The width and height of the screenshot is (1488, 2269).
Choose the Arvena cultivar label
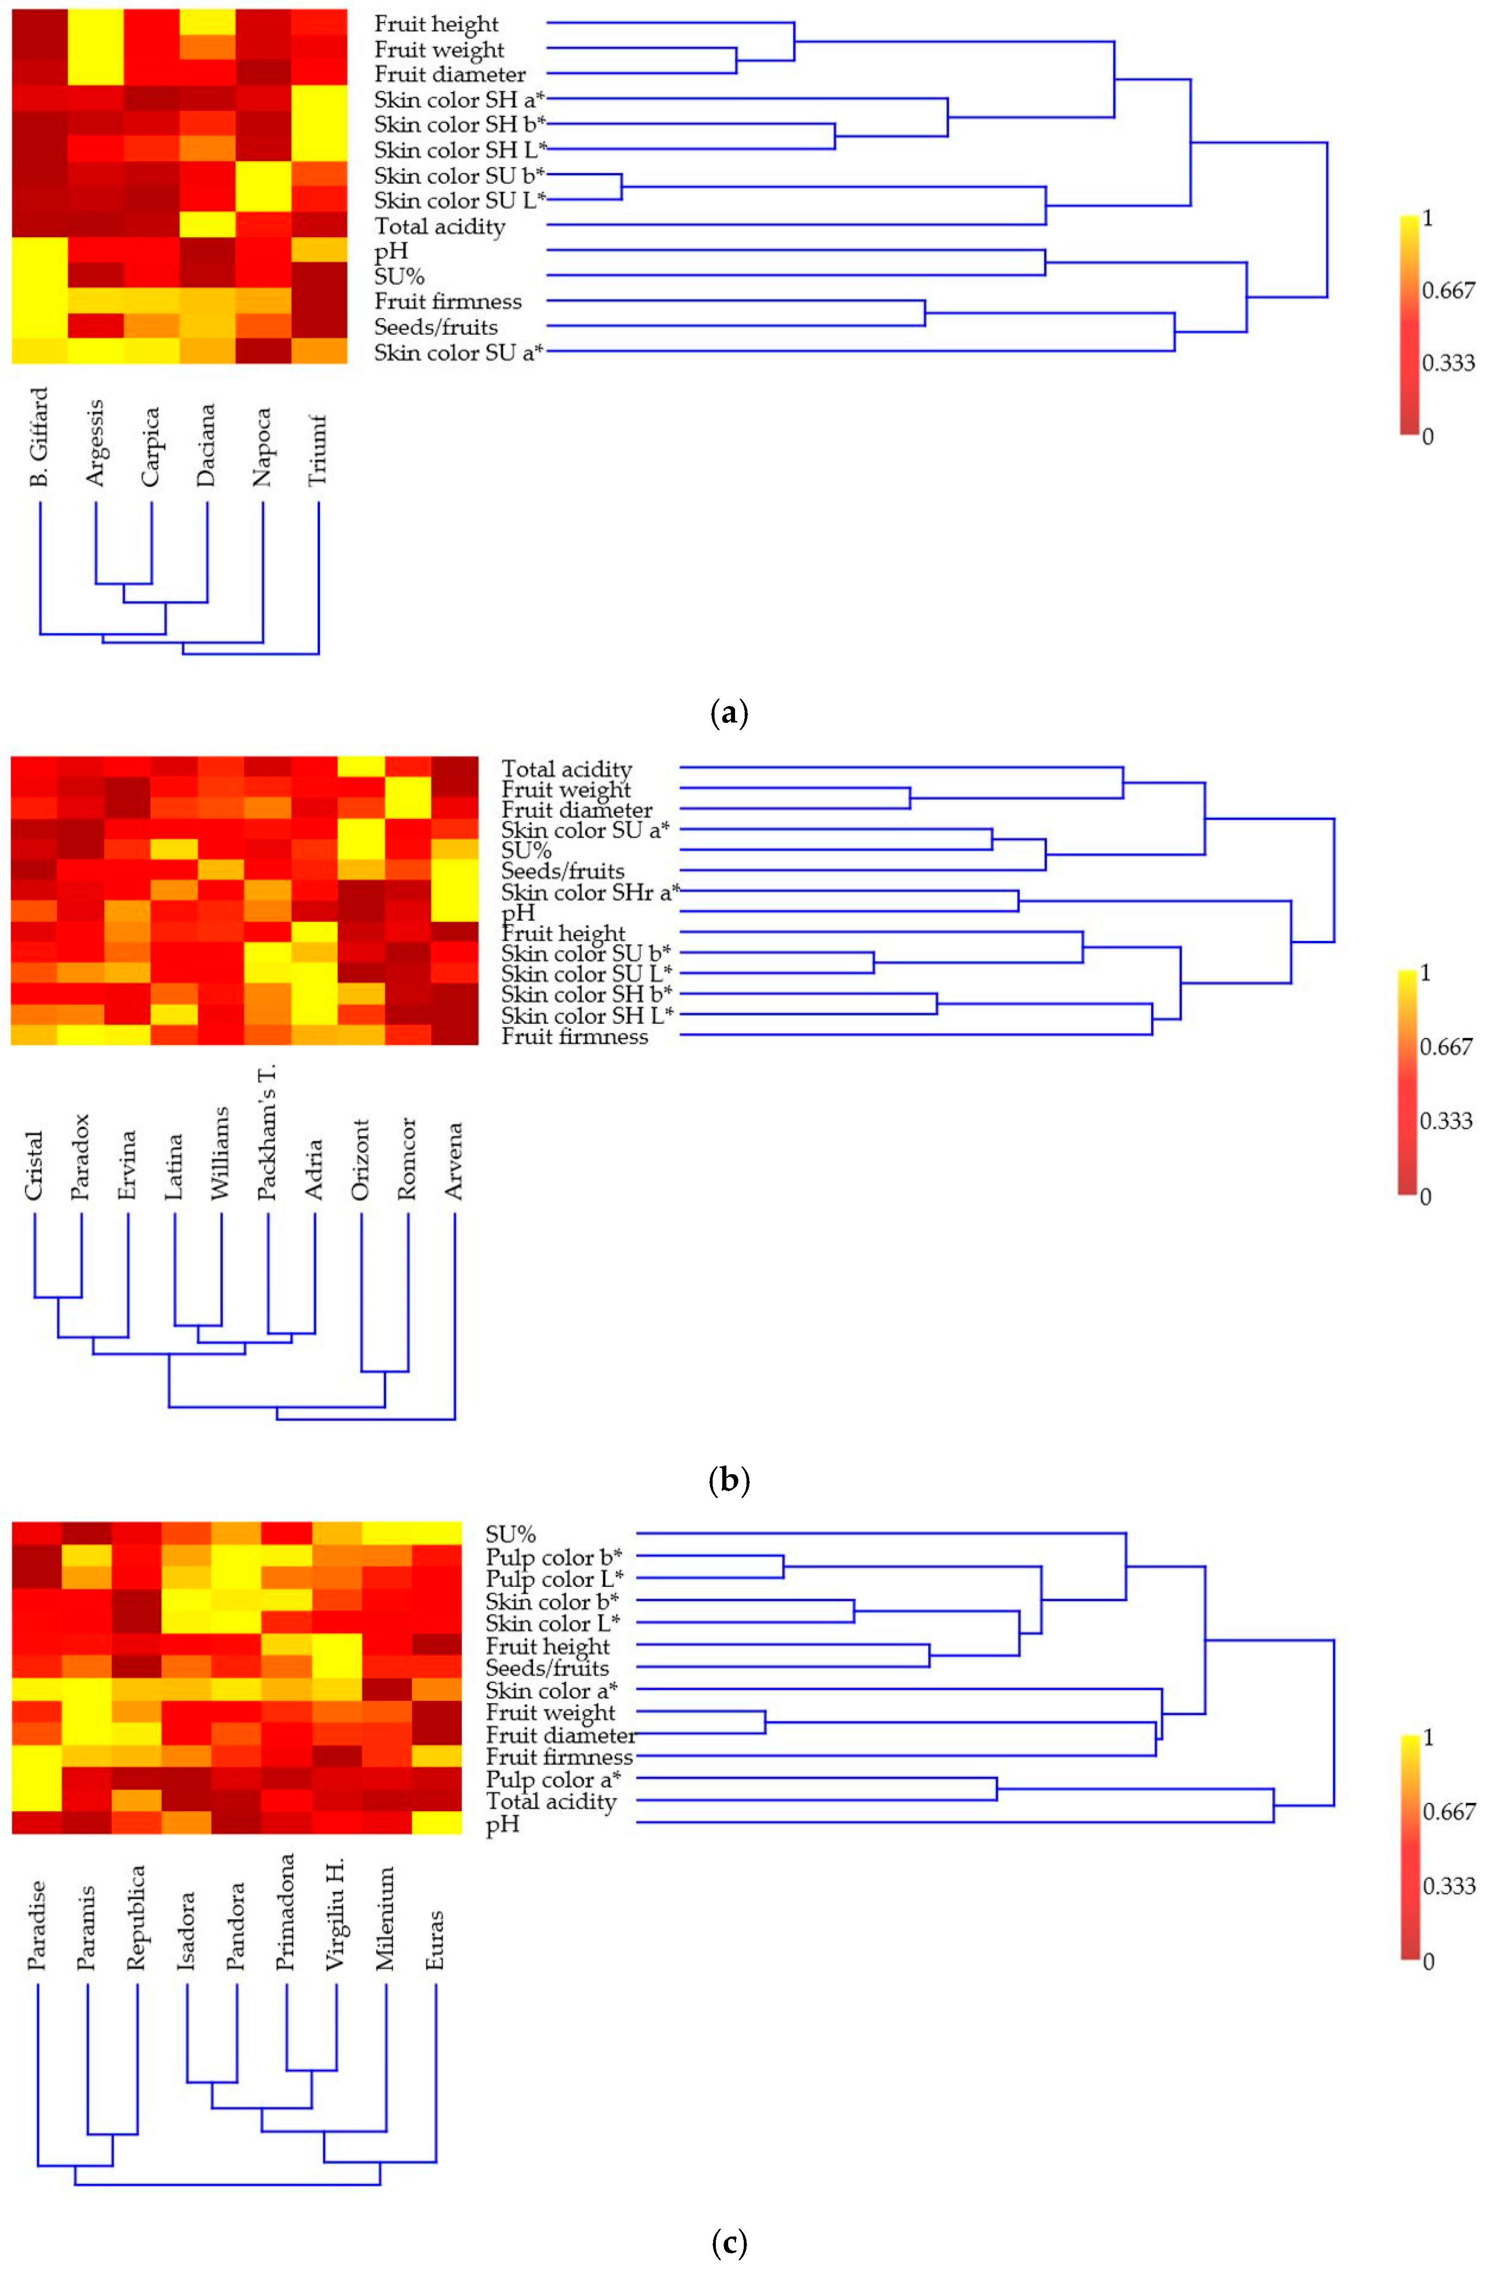pyautogui.click(x=455, y=1160)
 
